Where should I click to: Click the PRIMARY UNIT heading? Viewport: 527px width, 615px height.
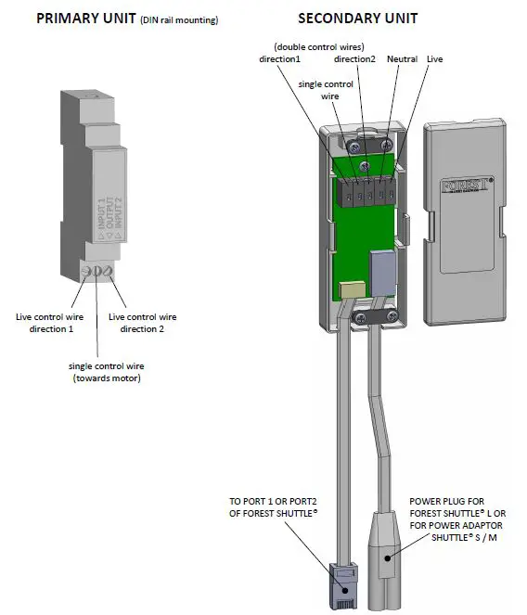coord(86,18)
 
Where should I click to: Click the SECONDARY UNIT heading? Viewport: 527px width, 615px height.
coord(357,18)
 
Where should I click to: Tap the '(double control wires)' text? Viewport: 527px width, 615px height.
coord(318,45)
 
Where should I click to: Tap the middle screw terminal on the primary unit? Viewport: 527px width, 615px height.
coord(96,273)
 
